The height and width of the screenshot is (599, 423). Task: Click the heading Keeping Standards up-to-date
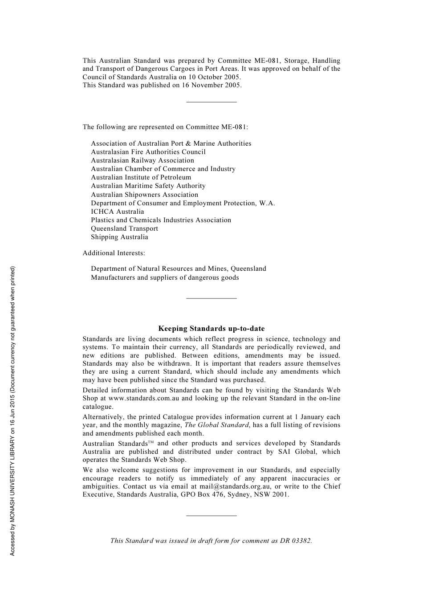pyautogui.click(x=211, y=329)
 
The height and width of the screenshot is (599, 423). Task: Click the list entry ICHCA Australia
pyautogui.click(x=118, y=212)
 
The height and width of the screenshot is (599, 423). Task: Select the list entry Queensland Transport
pyautogui.click(x=124, y=228)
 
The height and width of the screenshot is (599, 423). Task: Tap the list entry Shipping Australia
pyautogui.click(x=119, y=237)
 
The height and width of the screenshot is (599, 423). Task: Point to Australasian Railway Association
pyautogui.click(x=142, y=160)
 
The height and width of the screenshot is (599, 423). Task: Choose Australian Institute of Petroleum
pyautogui.click(x=141, y=177)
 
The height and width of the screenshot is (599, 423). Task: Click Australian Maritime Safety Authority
pyautogui.click(x=148, y=186)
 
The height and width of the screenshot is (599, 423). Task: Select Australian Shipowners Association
pyautogui.click(x=144, y=195)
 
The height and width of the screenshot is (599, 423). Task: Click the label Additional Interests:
pyautogui.click(x=114, y=253)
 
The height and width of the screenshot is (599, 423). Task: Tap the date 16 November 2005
pyautogui.click(x=211, y=85)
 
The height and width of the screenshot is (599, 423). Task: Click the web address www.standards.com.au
pyautogui.click(x=143, y=398)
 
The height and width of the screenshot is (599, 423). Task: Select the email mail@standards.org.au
pyautogui.click(x=235, y=486)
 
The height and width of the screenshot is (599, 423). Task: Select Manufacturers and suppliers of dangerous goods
pyautogui.click(x=165, y=277)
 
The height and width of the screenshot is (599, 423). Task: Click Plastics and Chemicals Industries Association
pyautogui.click(x=161, y=220)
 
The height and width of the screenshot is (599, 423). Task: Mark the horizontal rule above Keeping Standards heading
pyautogui.click(x=211, y=298)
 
